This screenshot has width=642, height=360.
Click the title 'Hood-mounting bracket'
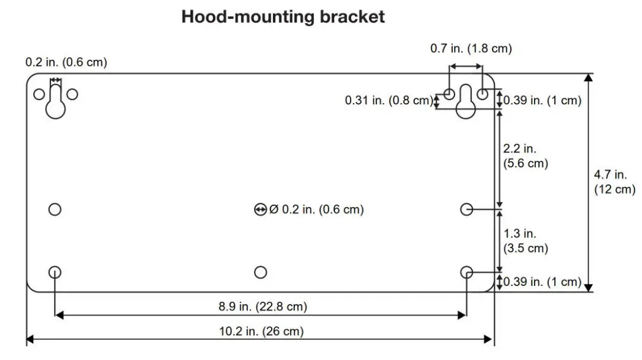tap(283, 17)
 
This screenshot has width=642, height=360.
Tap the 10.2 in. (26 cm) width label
tap(261, 332)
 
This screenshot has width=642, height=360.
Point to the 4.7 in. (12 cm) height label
tap(614, 182)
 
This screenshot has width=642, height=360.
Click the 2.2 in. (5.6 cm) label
tap(525, 156)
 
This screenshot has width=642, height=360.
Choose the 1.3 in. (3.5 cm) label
tap(525, 241)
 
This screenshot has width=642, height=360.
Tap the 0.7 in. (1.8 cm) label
tap(471, 49)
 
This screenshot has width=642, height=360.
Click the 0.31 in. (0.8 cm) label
tap(389, 101)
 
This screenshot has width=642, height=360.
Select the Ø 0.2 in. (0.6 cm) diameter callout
tap(316, 209)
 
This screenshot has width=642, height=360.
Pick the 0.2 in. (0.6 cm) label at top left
tap(66, 62)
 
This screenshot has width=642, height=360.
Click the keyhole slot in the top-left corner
tap(55, 103)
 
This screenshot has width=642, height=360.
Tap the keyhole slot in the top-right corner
tap(466, 102)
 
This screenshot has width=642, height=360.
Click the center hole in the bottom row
tap(260, 272)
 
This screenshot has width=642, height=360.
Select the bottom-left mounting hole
tap(55, 272)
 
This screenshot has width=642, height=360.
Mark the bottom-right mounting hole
tap(466, 272)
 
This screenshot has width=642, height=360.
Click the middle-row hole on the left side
tap(55, 209)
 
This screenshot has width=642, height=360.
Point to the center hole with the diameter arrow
tap(260, 209)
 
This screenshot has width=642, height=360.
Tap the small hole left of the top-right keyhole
tap(450, 94)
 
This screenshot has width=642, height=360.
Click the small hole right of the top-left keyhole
tap(72, 94)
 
